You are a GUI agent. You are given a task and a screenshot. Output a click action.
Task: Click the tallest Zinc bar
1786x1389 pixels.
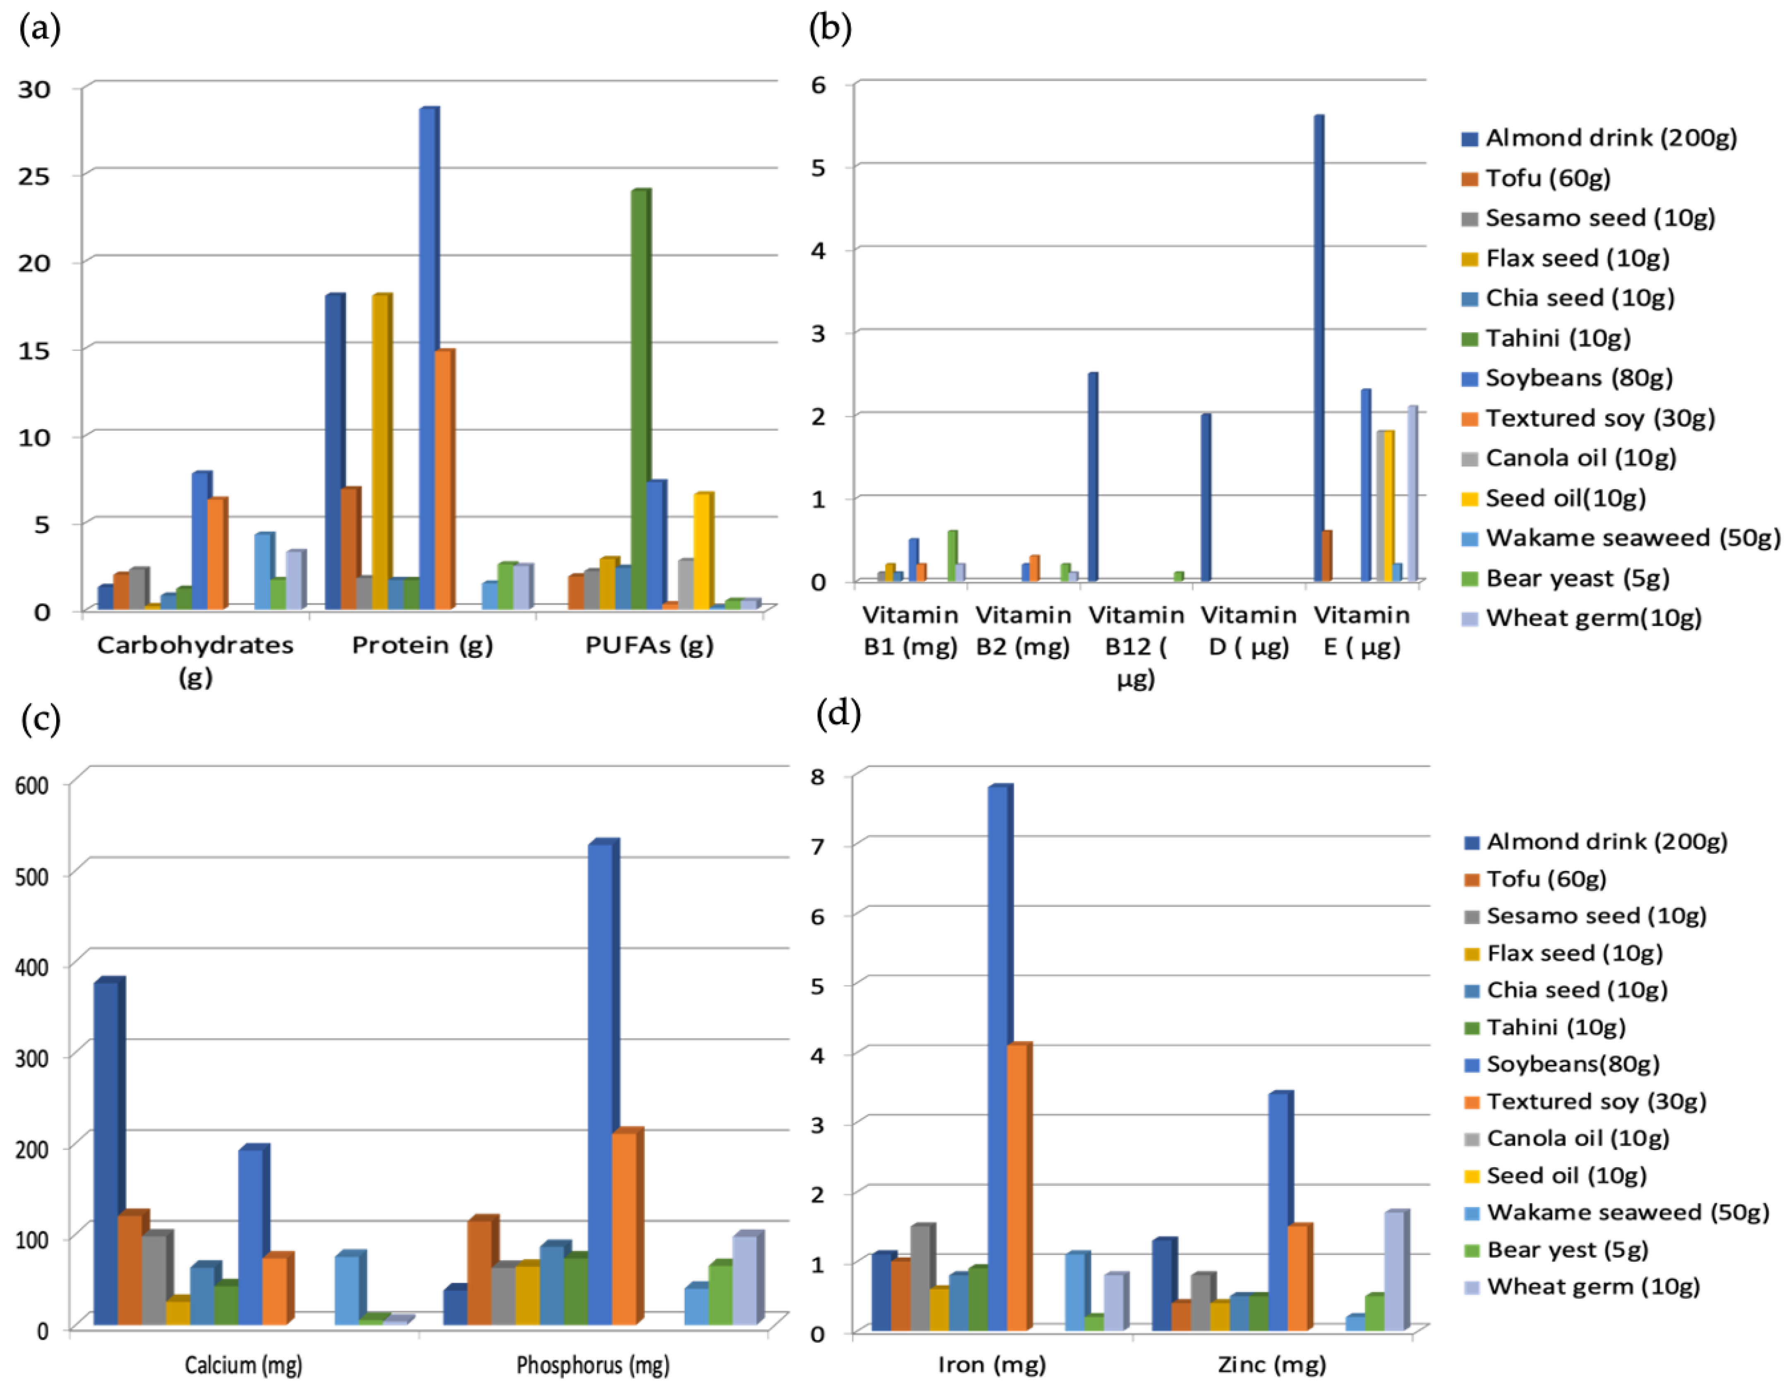[x=1279, y=1211]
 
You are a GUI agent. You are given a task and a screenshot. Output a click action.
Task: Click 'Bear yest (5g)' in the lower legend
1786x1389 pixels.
[x=1566, y=1250]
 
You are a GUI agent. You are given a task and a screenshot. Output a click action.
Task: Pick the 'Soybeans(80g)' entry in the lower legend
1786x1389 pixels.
[x=1572, y=1064]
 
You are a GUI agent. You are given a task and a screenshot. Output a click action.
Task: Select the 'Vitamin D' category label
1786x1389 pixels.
[x=1249, y=631]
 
